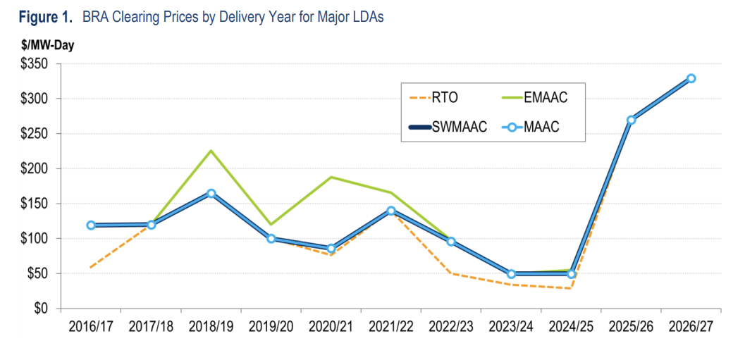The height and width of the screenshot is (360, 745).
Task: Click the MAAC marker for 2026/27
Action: pos(691,78)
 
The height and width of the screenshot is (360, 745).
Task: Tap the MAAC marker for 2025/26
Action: pos(632,120)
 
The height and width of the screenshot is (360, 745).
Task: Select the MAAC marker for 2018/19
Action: pos(211,193)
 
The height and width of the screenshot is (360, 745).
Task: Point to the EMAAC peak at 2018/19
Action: pos(211,151)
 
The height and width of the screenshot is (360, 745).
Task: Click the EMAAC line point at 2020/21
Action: pos(331,178)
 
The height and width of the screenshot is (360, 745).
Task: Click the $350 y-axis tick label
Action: pos(32,64)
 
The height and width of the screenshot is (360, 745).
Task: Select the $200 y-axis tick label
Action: pos(32,169)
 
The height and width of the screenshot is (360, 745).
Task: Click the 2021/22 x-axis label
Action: pos(391,327)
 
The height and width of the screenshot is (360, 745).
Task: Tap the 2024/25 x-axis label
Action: pos(571,327)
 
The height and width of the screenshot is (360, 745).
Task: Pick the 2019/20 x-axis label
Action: pos(271,327)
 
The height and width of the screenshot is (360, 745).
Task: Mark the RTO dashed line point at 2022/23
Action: pos(451,273)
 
